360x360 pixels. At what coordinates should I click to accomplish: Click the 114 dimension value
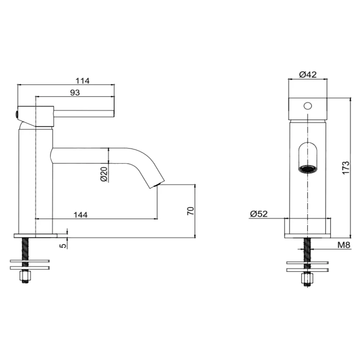coord(82,81)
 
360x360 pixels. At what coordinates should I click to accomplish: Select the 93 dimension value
coord(75,93)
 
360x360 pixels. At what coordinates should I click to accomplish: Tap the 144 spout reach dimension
coord(80,215)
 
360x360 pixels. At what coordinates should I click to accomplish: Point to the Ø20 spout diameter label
coord(104,174)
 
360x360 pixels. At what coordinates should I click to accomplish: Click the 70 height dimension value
coord(191,211)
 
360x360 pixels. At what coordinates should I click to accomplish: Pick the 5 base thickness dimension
coord(63,246)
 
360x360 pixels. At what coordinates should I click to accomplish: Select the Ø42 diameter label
coord(308,74)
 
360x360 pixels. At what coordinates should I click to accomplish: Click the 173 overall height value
coord(346,168)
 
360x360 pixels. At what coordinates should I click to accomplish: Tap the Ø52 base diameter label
coord(259,214)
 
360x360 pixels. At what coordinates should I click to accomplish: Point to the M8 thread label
coord(344,245)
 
